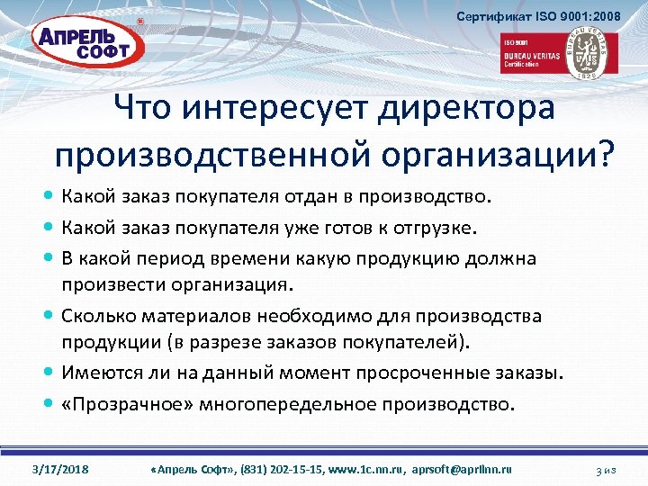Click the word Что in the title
tap(144, 112)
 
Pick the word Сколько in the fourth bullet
tap(99, 316)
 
